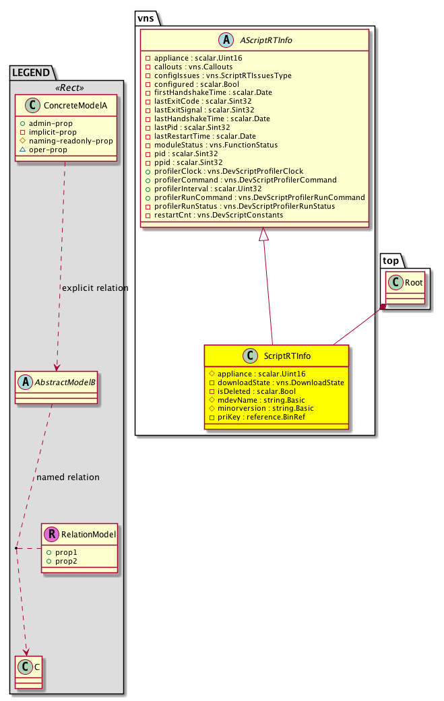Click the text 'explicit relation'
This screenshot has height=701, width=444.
click(95, 288)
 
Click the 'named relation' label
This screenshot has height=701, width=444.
click(68, 477)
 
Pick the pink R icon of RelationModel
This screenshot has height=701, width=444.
click(52, 535)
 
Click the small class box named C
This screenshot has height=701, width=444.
click(26, 668)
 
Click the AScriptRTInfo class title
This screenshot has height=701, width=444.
click(263, 41)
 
